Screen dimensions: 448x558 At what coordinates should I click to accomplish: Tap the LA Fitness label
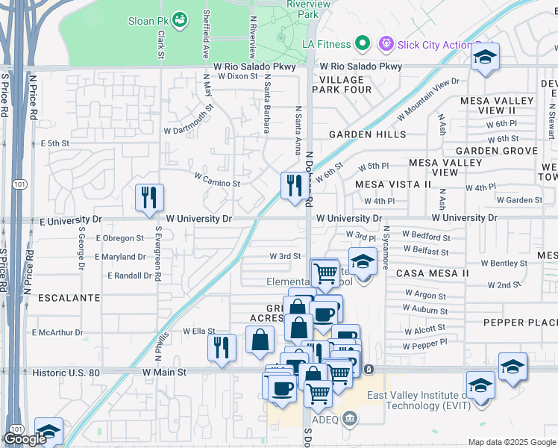tap(326, 44)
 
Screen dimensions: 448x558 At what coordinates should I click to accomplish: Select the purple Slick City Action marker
tap(386, 44)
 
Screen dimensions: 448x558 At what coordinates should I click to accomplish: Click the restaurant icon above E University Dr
tap(148, 197)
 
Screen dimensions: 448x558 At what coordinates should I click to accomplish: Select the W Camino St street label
tap(217, 181)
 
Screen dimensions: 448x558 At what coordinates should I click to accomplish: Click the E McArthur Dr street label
tap(56, 332)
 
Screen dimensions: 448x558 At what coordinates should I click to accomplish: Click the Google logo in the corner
tap(25, 439)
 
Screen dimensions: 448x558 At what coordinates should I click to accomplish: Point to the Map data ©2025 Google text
tap(511, 442)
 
